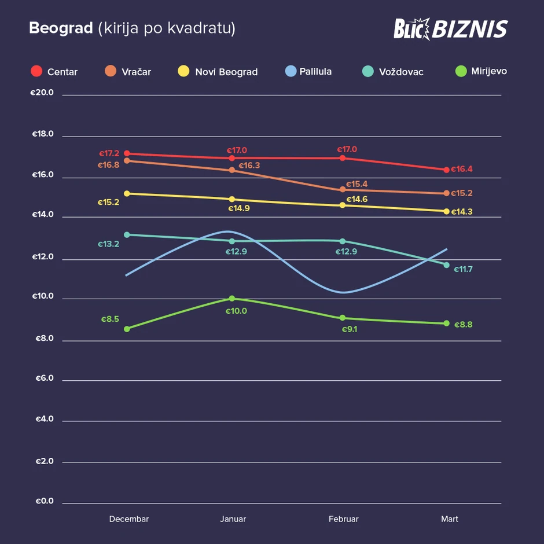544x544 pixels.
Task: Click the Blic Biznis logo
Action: (450, 28)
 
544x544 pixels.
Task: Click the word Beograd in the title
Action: (61, 28)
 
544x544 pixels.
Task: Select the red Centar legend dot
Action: (36, 72)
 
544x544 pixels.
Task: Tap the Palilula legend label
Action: (315, 72)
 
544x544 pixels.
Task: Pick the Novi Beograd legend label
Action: (226, 72)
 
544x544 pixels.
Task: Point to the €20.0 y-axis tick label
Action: (42, 93)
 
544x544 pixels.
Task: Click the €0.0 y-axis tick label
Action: (42, 501)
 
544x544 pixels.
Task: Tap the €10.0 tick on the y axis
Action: (42, 297)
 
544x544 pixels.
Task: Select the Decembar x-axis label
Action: (129, 519)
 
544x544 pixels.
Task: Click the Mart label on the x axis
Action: (449, 519)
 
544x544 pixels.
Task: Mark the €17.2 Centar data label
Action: (109, 153)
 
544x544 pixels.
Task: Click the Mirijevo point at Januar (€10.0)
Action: (232, 299)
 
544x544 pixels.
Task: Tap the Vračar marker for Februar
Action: (343, 189)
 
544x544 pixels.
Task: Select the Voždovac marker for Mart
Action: (446, 265)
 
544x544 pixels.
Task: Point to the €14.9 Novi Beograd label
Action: (239, 208)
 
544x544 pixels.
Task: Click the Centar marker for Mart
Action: (446, 170)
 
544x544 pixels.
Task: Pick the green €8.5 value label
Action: (110, 319)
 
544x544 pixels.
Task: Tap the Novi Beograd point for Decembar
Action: (127, 193)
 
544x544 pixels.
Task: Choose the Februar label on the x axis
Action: (344, 519)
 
